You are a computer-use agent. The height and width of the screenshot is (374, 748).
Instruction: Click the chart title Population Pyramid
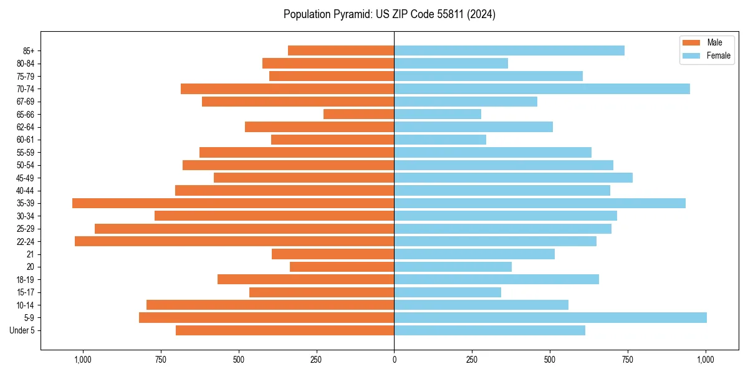pyautogui.click(x=390, y=14)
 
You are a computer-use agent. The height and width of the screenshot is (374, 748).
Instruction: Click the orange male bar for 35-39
pyautogui.click(x=233, y=203)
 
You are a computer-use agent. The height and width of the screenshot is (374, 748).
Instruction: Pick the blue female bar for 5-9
pyautogui.click(x=550, y=317)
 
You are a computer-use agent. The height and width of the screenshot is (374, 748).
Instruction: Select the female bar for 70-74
pyautogui.click(x=542, y=89)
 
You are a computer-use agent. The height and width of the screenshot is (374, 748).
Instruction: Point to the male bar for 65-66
pyautogui.click(x=358, y=114)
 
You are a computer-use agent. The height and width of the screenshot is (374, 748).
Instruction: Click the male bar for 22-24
pyautogui.click(x=234, y=241)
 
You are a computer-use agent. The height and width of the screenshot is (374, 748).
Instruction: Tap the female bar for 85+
pyautogui.click(x=509, y=50)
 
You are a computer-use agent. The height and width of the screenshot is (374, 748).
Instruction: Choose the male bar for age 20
pyautogui.click(x=342, y=267)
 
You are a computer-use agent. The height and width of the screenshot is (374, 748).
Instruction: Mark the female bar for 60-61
pyautogui.click(x=440, y=140)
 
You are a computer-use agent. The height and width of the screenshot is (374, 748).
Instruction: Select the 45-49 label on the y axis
pyautogui.click(x=26, y=178)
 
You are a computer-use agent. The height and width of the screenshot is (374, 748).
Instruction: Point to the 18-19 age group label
pyautogui.click(x=26, y=279)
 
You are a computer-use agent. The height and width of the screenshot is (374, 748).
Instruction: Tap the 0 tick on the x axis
pyautogui.click(x=394, y=360)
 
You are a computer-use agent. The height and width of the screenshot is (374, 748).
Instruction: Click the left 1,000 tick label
pyautogui.click(x=82, y=360)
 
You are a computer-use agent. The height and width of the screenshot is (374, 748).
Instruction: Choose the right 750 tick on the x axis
pyautogui.click(x=628, y=360)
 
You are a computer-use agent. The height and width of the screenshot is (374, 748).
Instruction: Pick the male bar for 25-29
pyautogui.click(x=244, y=229)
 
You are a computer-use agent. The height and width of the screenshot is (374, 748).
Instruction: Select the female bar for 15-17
pyautogui.click(x=448, y=292)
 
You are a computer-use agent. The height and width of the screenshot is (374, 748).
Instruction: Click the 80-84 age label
pyautogui.click(x=26, y=63)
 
